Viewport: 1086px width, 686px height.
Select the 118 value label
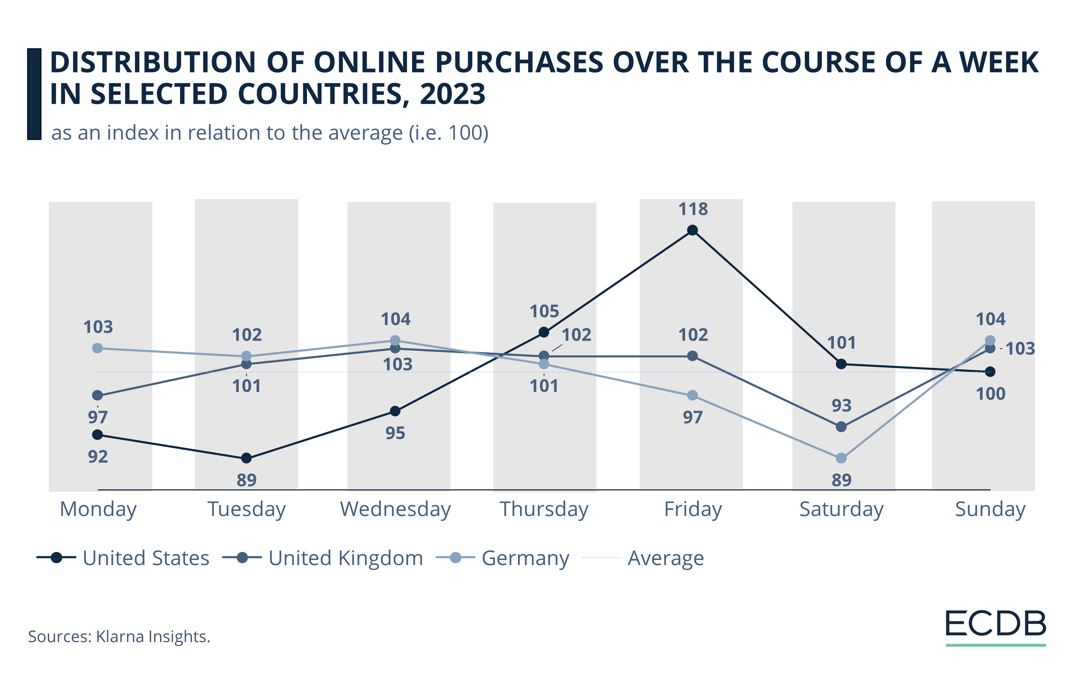[x=693, y=209]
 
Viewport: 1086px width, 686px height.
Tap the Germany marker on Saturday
[x=841, y=458]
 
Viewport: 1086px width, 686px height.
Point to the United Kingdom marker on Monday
[x=97, y=395]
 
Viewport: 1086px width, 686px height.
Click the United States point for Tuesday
[x=246, y=458]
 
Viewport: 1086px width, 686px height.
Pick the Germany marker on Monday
[x=97, y=348]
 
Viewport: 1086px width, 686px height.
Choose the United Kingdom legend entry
[x=323, y=558]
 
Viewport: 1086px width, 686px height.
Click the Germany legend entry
[x=503, y=558]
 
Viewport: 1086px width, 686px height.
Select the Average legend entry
[x=643, y=558]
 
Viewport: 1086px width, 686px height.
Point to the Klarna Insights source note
[x=119, y=636]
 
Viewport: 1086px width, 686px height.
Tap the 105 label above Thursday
[x=544, y=311]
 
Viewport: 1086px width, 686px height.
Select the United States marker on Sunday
[x=990, y=371]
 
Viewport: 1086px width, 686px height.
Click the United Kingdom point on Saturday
[x=841, y=427]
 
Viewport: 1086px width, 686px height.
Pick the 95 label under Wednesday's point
[x=395, y=433]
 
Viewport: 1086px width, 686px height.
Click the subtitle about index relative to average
[x=270, y=133]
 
